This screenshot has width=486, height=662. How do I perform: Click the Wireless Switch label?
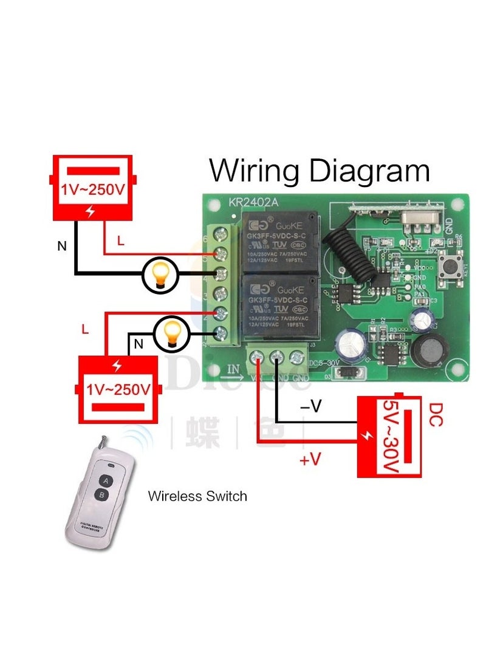[197, 496]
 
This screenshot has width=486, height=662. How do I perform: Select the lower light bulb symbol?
[171, 333]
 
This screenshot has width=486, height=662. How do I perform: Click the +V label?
[310, 460]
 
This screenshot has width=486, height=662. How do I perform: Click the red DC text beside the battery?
[435, 414]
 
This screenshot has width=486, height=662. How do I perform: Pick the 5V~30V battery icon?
[389, 436]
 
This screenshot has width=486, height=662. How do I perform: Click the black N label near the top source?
[61, 246]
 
